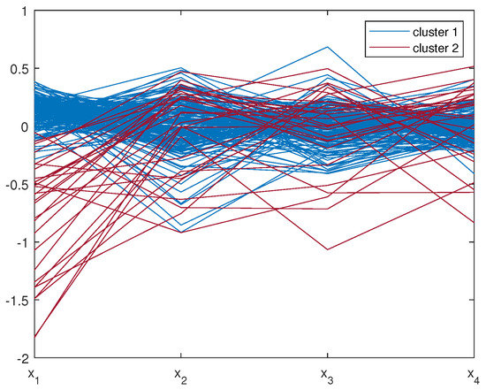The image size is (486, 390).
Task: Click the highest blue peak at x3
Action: (326, 47)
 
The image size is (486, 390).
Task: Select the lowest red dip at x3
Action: (326, 250)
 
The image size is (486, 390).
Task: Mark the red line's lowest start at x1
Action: (34, 338)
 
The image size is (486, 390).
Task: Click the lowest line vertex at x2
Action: (179, 233)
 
